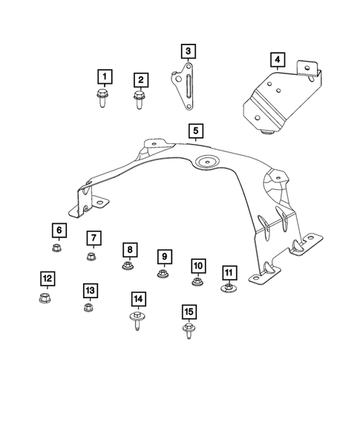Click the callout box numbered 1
(x=105, y=76)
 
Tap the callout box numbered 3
(x=189, y=50)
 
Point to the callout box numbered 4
(x=276, y=59)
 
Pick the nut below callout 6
(x=58, y=249)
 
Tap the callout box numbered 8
(x=129, y=249)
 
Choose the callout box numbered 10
(x=197, y=266)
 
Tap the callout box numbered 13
(x=90, y=289)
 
